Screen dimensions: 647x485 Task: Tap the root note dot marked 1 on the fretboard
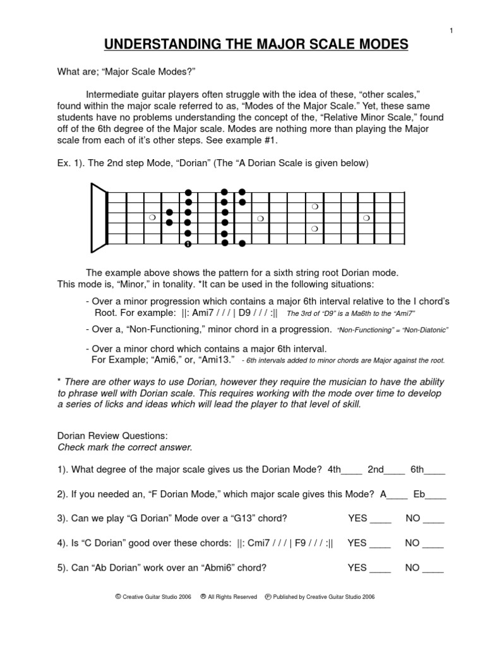pos(188,243)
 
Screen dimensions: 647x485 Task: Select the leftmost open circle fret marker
pos(152,218)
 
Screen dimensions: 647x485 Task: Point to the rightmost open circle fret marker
pos(366,218)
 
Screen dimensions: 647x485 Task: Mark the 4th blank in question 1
pos(352,471)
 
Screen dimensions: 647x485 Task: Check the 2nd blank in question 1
pos(395,471)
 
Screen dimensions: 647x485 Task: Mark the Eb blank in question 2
pos(437,495)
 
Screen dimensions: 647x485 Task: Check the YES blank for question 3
pos(380,520)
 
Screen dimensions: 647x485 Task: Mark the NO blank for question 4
pos(433,544)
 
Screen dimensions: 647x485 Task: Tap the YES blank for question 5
pos(380,569)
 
